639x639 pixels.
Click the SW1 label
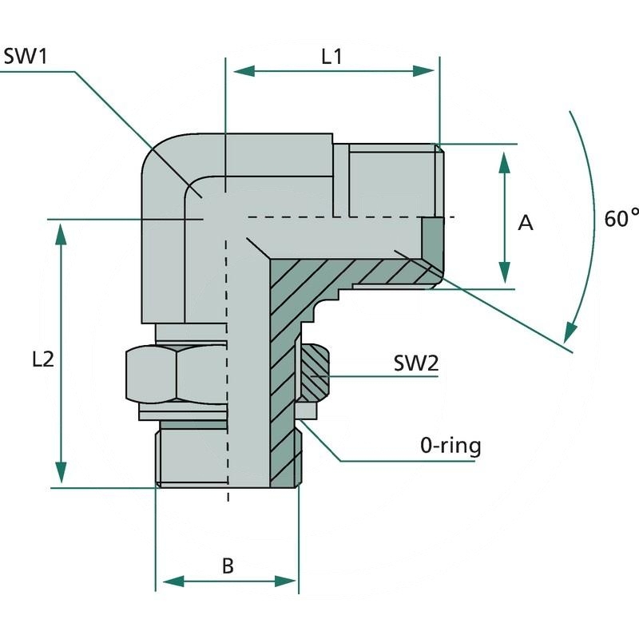[26, 57]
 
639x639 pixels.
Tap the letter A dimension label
[525, 223]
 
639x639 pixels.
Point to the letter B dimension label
[228, 566]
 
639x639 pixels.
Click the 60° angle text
[621, 218]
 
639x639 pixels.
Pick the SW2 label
[416, 364]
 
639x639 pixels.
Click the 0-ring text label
[450, 445]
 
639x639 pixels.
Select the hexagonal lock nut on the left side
[176, 373]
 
